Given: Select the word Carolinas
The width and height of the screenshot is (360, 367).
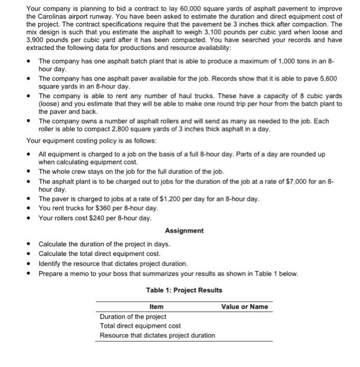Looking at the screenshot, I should pos(52,17).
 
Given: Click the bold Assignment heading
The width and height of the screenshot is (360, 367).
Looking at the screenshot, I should pos(184,231).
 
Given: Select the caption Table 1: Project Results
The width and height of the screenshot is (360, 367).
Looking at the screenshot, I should pos(184,290).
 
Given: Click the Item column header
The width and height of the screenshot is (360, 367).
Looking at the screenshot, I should pos(156,307).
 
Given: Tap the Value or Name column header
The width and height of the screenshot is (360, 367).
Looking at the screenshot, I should pos(244,307).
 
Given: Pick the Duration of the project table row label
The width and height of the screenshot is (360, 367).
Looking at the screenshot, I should pos(133,317).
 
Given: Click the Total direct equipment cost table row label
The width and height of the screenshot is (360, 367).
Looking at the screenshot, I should pos(140,326).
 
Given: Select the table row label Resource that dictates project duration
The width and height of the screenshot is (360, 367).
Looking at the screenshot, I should pos(157,335).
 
